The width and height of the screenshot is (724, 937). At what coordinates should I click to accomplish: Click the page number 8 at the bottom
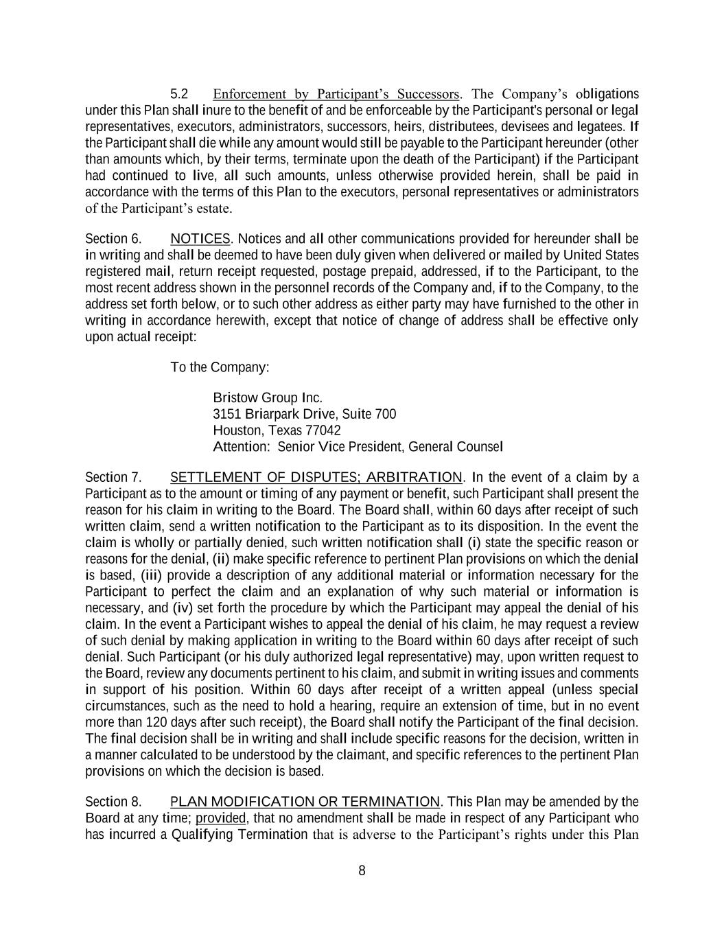(362, 871)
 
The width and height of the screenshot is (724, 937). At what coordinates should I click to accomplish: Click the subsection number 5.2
(179, 94)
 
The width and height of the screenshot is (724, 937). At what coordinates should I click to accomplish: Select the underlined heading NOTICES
(200, 239)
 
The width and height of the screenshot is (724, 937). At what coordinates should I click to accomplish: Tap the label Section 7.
(113, 477)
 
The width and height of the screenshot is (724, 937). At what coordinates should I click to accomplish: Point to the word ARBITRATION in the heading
(414, 477)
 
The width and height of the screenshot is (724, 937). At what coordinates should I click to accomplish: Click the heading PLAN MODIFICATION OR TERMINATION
(305, 802)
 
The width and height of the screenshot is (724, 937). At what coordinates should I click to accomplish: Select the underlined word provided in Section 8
(220, 818)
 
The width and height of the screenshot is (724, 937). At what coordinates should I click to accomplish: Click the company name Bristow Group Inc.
(268, 398)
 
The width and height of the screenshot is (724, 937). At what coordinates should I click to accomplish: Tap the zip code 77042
(323, 430)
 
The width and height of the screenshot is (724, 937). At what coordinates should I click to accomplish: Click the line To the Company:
(220, 367)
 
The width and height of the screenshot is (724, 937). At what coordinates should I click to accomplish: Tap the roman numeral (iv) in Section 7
(183, 608)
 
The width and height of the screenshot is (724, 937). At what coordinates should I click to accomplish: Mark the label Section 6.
(113, 239)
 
